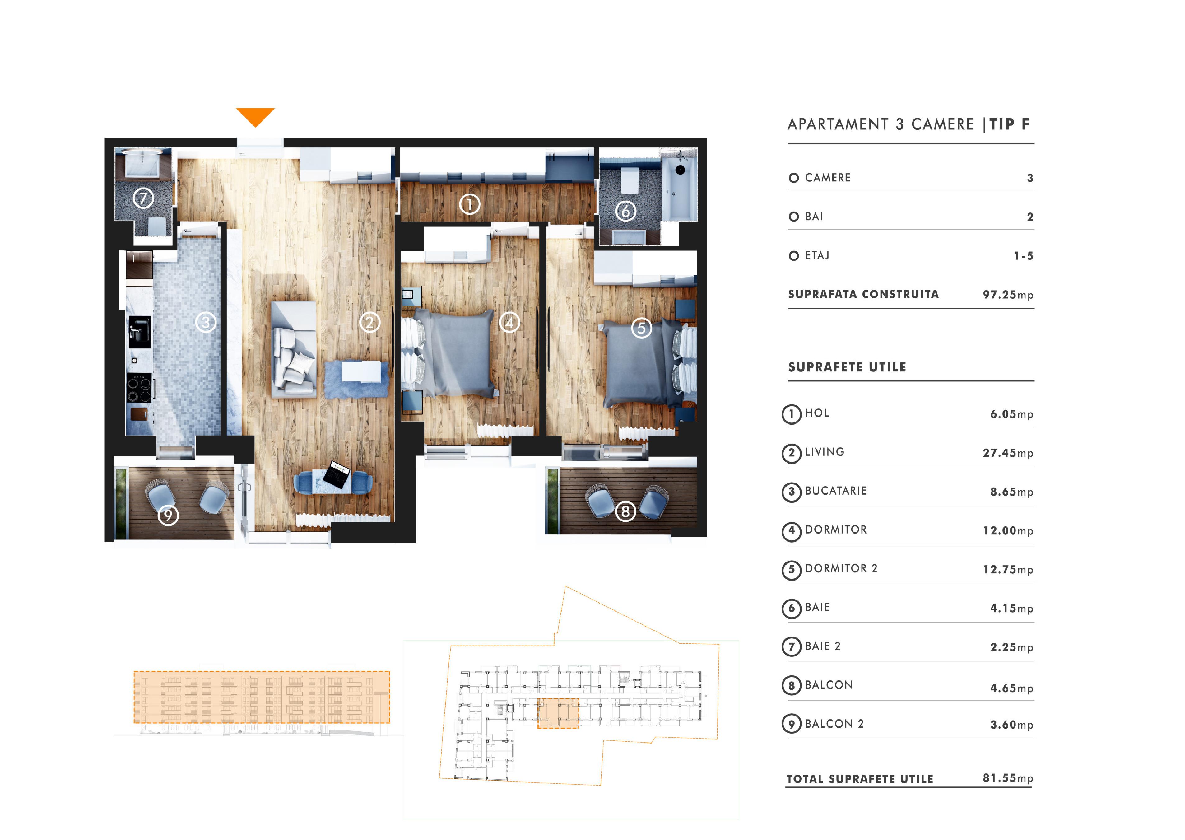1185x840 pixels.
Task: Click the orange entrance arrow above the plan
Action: [x=255, y=116]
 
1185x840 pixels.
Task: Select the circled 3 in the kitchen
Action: [x=206, y=323]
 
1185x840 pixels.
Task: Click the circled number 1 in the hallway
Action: [x=469, y=204]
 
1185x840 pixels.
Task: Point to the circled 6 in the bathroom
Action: [x=625, y=211]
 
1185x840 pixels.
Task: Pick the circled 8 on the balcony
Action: [x=625, y=511]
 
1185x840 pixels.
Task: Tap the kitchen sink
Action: [x=140, y=332]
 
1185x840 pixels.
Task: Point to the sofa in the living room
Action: [x=294, y=350]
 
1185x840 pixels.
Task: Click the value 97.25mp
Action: [x=1008, y=295]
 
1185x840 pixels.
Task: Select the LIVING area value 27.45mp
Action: [x=1008, y=453]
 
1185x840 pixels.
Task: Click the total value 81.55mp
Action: [x=1008, y=778]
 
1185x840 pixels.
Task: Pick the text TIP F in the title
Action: [x=1009, y=124]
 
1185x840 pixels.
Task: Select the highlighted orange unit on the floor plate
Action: [x=558, y=713]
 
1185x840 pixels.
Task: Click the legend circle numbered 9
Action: [x=792, y=724]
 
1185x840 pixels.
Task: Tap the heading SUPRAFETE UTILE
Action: [x=847, y=367]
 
